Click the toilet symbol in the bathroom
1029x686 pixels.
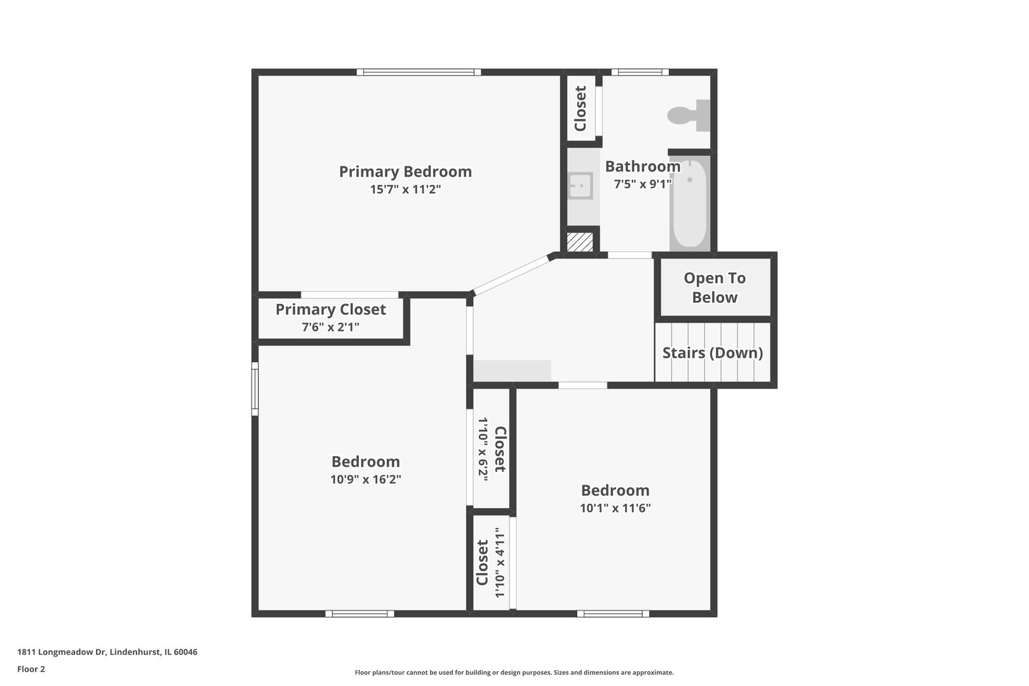pyautogui.click(x=688, y=116)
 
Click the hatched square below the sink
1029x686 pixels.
pyautogui.click(x=579, y=242)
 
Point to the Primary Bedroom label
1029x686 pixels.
pyautogui.click(x=405, y=171)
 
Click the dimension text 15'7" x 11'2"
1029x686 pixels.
pyautogui.click(x=405, y=189)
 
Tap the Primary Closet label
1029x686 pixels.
pyautogui.click(x=330, y=309)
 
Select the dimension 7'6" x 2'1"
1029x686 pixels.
pyautogui.click(x=330, y=327)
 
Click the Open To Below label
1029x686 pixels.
pyautogui.click(x=715, y=287)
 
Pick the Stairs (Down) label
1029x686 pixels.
pyautogui.click(x=713, y=353)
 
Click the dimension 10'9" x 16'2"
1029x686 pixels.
pyautogui.click(x=365, y=480)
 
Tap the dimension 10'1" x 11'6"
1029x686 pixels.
pyautogui.click(x=615, y=508)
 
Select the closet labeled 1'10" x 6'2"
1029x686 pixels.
pyautogui.click(x=491, y=448)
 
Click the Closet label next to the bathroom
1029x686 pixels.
pyautogui.click(x=580, y=109)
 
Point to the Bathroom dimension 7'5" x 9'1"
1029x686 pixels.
pyautogui.click(x=642, y=184)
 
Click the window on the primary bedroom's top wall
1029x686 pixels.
pyautogui.click(x=418, y=72)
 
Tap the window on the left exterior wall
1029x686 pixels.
pyautogui.click(x=255, y=389)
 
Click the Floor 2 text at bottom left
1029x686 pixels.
pyautogui.click(x=31, y=669)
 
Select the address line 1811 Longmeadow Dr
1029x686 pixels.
pyautogui.click(x=107, y=652)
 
